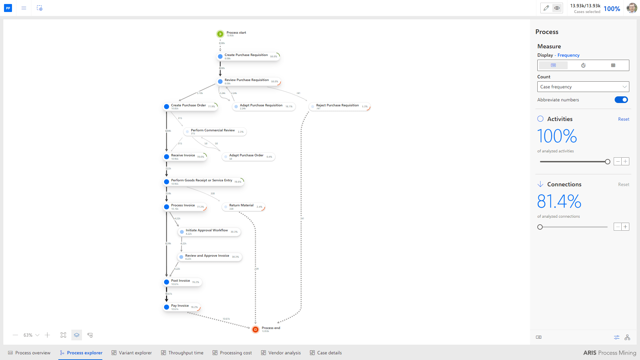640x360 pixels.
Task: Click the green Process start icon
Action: tap(220, 34)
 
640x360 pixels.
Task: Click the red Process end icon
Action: tap(255, 329)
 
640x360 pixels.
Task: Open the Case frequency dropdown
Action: tap(583, 87)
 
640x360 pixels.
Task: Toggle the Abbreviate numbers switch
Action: tap(621, 100)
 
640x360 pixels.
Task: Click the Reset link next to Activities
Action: tap(623, 119)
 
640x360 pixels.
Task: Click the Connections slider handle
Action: tap(540, 227)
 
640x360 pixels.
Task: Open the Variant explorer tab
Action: tap(132, 353)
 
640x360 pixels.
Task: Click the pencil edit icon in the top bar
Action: tap(546, 8)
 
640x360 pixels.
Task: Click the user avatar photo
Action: tap(632, 8)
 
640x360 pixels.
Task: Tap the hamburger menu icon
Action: tap(24, 8)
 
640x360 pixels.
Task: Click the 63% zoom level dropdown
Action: tap(31, 335)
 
